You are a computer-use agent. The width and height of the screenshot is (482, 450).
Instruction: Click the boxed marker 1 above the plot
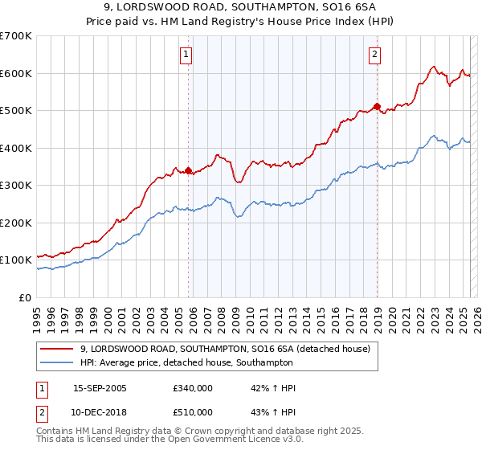(x=186, y=55)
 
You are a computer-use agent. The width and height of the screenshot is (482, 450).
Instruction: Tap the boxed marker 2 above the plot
(x=374, y=55)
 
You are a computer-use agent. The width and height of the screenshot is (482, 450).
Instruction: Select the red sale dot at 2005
(x=189, y=170)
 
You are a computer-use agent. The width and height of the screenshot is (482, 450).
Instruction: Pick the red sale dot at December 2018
(x=377, y=106)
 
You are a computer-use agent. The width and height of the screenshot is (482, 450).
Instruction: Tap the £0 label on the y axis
(x=27, y=297)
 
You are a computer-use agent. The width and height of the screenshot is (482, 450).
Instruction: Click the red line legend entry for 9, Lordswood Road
(x=225, y=349)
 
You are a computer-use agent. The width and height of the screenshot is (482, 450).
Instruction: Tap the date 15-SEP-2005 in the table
(x=100, y=388)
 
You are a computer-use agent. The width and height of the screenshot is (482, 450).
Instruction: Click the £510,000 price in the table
(x=193, y=412)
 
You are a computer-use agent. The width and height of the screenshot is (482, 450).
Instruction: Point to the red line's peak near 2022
(x=433, y=67)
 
